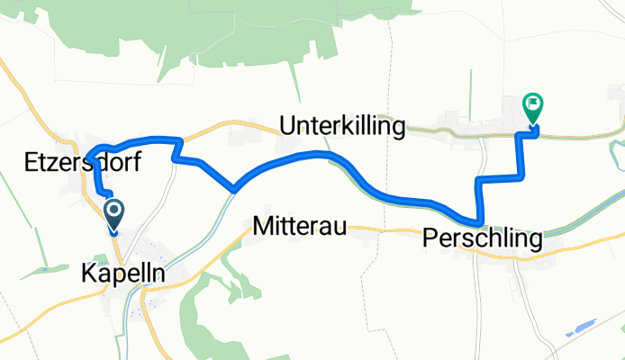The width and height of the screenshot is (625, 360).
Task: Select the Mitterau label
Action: tap(300, 226)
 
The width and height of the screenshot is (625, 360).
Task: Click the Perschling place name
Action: tap(482, 239)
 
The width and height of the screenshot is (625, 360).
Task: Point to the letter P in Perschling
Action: tap(428, 238)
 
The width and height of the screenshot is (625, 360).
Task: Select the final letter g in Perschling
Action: tap(536, 242)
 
